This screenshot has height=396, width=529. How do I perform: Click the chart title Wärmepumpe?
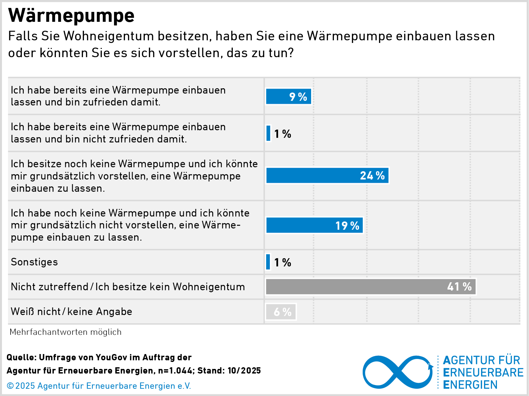point(71,15)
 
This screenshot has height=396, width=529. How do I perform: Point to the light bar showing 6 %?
point(281,312)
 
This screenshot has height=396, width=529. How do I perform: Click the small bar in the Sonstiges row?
point(268,262)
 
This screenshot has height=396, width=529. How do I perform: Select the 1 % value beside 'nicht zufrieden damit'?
point(283,134)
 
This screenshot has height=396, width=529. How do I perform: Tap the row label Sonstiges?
point(34,262)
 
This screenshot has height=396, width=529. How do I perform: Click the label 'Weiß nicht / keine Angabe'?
point(71,311)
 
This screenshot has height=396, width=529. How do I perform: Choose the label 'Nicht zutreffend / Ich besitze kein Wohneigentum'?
point(128,287)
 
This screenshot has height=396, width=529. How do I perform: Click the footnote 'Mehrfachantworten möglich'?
point(65,332)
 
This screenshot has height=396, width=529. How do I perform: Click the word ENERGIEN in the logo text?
point(470,385)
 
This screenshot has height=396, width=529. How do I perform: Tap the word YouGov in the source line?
point(111,357)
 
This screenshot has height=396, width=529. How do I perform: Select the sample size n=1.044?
point(175,371)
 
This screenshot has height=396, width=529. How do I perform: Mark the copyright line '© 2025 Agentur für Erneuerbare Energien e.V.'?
point(99,386)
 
